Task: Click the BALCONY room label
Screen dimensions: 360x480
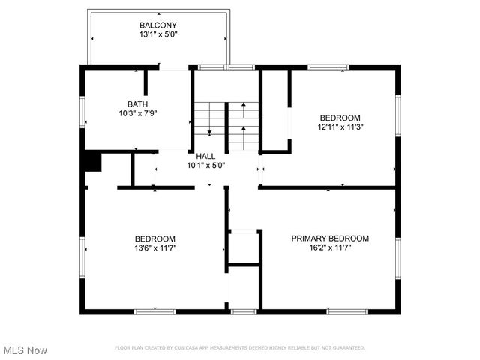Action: (x=158, y=25)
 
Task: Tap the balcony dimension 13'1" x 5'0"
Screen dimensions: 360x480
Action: (x=158, y=34)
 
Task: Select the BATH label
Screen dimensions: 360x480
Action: (x=137, y=104)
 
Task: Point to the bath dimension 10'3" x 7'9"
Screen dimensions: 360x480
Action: (x=137, y=114)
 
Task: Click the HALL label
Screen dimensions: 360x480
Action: (x=205, y=156)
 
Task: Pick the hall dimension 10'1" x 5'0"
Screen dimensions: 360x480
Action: (x=205, y=165)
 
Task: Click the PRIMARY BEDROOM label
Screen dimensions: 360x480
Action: (x=330, y=238)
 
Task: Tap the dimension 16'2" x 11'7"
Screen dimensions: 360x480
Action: (x=330, y=248)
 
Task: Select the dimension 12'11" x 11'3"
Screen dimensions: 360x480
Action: (x=340, y=127)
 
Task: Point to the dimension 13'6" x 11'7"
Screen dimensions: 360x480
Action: (x=155, y=248)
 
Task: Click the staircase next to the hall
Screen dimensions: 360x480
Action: (x=226, y=124)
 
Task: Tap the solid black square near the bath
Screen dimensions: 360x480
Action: (x=92, y=161)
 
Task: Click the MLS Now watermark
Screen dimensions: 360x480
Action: (x=25, y=350)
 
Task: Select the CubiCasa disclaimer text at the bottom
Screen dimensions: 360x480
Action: (x=239, y=348)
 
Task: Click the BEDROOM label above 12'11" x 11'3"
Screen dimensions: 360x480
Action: (x=340, y=118)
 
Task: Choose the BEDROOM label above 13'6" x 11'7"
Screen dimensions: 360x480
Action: (x=155, y=238)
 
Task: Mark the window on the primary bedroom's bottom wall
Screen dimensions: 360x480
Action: (x=347, y=310)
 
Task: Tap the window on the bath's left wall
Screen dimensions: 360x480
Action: (x=82, y=112)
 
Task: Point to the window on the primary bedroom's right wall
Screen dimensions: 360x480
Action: (x=398, y=258)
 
